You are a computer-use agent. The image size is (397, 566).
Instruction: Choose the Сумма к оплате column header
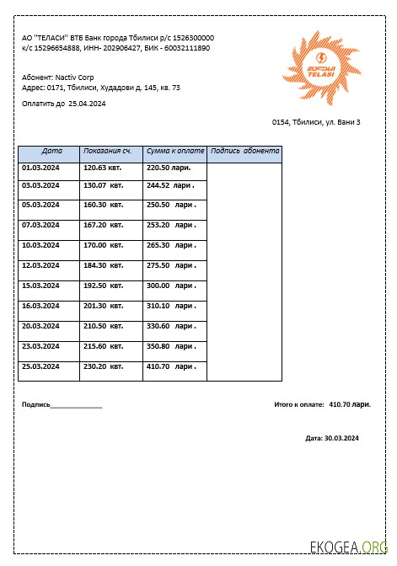pos(175,152)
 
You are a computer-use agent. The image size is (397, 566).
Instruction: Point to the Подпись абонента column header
pos(244,152)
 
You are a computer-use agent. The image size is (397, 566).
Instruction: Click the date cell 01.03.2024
pos(40,168)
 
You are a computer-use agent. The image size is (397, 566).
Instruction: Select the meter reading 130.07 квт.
pos(102,185)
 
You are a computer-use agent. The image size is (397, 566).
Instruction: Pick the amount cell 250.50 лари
pos(171,205)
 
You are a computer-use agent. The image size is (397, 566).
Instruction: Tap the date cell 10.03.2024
pos(40,245)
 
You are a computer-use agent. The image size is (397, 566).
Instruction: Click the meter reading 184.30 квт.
pos(102,265)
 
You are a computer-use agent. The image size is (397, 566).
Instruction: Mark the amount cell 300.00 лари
pos(171,286)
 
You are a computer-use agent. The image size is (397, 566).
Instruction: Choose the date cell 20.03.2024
pos(40,326)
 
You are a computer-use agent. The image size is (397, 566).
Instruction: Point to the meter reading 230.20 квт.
pos(102,366)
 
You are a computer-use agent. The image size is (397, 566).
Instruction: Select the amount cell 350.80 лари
pos(171,346)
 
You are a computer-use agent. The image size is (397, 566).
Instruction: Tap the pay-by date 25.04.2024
pos(87,104)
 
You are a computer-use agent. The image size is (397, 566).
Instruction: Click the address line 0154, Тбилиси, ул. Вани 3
pos(316,123)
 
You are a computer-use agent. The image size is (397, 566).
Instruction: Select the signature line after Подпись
pos(76,405)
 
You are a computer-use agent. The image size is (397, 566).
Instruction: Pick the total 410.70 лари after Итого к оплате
pos(350,404)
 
